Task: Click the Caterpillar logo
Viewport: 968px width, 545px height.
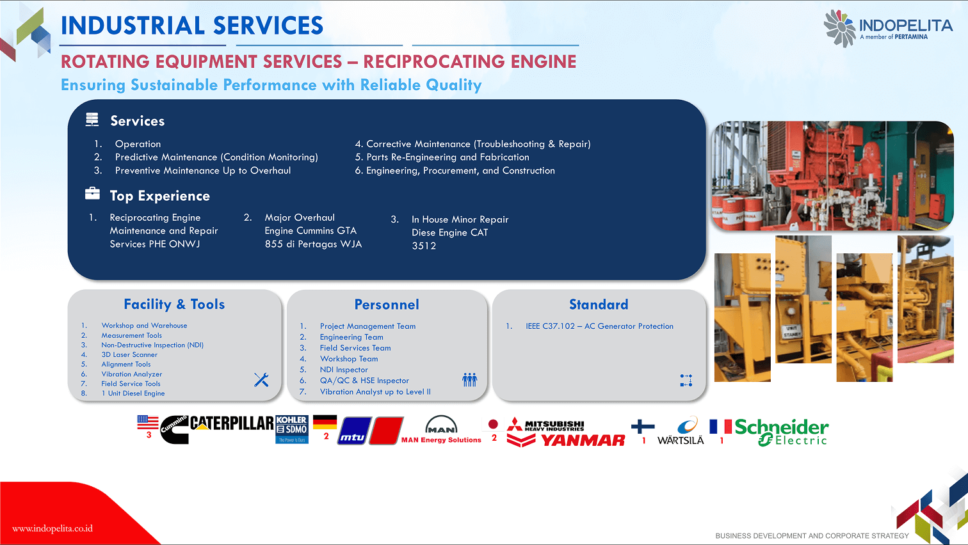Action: [232, 423]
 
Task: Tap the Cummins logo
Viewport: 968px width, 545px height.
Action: [174, 429]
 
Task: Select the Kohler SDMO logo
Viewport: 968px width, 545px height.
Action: [292, 429]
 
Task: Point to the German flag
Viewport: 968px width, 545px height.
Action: [325, 422]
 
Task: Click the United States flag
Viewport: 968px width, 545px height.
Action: [148, 422]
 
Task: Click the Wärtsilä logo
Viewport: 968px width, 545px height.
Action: [682, 432]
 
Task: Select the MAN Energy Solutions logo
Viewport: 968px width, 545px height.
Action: [441, 430]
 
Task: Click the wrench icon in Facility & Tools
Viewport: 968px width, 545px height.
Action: [261, 380]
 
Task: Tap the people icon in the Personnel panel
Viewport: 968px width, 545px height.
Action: [469, 380]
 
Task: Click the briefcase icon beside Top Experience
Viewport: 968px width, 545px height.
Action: [93, 193]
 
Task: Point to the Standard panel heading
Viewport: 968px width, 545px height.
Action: [599, 304]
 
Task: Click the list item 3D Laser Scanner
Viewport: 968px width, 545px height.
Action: [129, 354]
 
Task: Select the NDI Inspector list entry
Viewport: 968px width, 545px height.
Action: [344, 370]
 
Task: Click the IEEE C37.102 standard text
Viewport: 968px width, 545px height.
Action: [599, 326]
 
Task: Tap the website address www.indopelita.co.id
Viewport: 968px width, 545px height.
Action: [52, 528]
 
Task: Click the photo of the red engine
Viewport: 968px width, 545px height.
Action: [832, 175]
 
